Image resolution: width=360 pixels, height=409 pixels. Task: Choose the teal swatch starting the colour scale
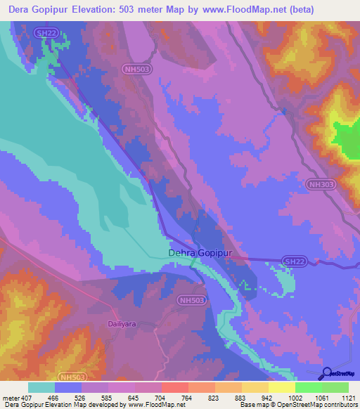[41, 387]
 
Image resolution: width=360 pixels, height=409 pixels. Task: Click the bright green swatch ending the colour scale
[335, 387]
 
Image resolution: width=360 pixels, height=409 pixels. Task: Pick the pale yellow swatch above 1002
[282, 387]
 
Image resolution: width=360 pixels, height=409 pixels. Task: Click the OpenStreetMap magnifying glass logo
[327, 373]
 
